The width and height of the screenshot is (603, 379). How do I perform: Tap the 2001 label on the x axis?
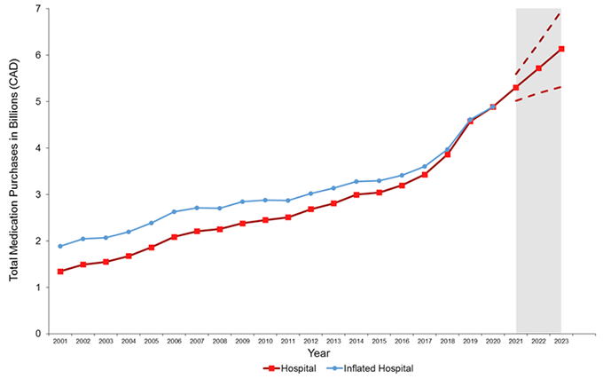pos(60,341)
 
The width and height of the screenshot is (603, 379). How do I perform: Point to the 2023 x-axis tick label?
pos(561,341)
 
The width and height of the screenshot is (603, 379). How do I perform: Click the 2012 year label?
pos(310,341)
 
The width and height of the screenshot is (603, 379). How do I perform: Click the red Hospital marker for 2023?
pos(561,49)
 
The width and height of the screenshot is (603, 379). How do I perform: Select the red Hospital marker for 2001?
pos(60,272)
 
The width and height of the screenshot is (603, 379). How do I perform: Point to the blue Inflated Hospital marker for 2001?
pos(60,246)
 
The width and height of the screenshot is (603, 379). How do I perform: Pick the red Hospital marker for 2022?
pos(538,68)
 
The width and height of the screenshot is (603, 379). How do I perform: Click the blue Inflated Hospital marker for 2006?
pos(174,211)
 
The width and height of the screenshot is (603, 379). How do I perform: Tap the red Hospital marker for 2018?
pos(447,154)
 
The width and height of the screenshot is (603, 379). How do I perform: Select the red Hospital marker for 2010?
pos(265,220)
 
